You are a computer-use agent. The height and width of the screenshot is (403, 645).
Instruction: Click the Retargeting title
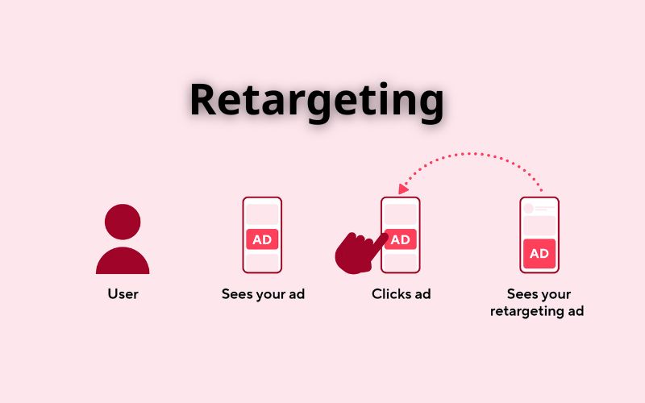pyautogui.click(x=317, y=101)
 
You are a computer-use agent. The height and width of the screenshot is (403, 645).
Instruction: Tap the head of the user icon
pyautogui.click(x=123, y=221)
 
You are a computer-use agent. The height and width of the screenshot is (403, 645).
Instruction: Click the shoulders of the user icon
pyautogui.click(x=123, y=260)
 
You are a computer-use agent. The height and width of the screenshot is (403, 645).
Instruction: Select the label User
pyautogui.click(x=123, y=294)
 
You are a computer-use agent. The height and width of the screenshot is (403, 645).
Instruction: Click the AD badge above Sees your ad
pyautogui.click(x=262, y=239)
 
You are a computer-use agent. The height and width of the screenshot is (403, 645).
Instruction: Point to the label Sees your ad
pyautogui.click(x=263, y=294)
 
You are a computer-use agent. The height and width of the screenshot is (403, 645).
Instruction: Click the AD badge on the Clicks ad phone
pyautogui.click(x=401, y=239)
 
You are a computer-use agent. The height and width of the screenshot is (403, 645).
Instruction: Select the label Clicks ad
pyautogui.click(x=401, y=294)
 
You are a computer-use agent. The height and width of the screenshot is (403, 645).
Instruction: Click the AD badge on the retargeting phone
pyautogui.click(x=539, y=253)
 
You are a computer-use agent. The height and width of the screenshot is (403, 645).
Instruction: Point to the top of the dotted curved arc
pyautogui.click(x=476, y=152)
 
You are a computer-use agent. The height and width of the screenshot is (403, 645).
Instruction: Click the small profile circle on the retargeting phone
pyautogui.click(x=529, y=208)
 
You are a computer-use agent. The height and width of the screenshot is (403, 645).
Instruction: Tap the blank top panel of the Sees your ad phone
pyautogui.click(x=262, y=214)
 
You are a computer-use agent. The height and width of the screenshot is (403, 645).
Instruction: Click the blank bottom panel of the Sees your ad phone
pyautogui.click(x=262, y=262)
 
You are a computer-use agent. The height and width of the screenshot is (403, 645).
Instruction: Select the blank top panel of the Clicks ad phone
pyautogui.click(x=401, y=214)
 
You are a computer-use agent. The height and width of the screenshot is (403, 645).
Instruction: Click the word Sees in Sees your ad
pyautogui.click(x=238, y=294)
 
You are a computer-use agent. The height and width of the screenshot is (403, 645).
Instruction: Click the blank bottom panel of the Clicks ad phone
pyautogui.click(x=401, y=262)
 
